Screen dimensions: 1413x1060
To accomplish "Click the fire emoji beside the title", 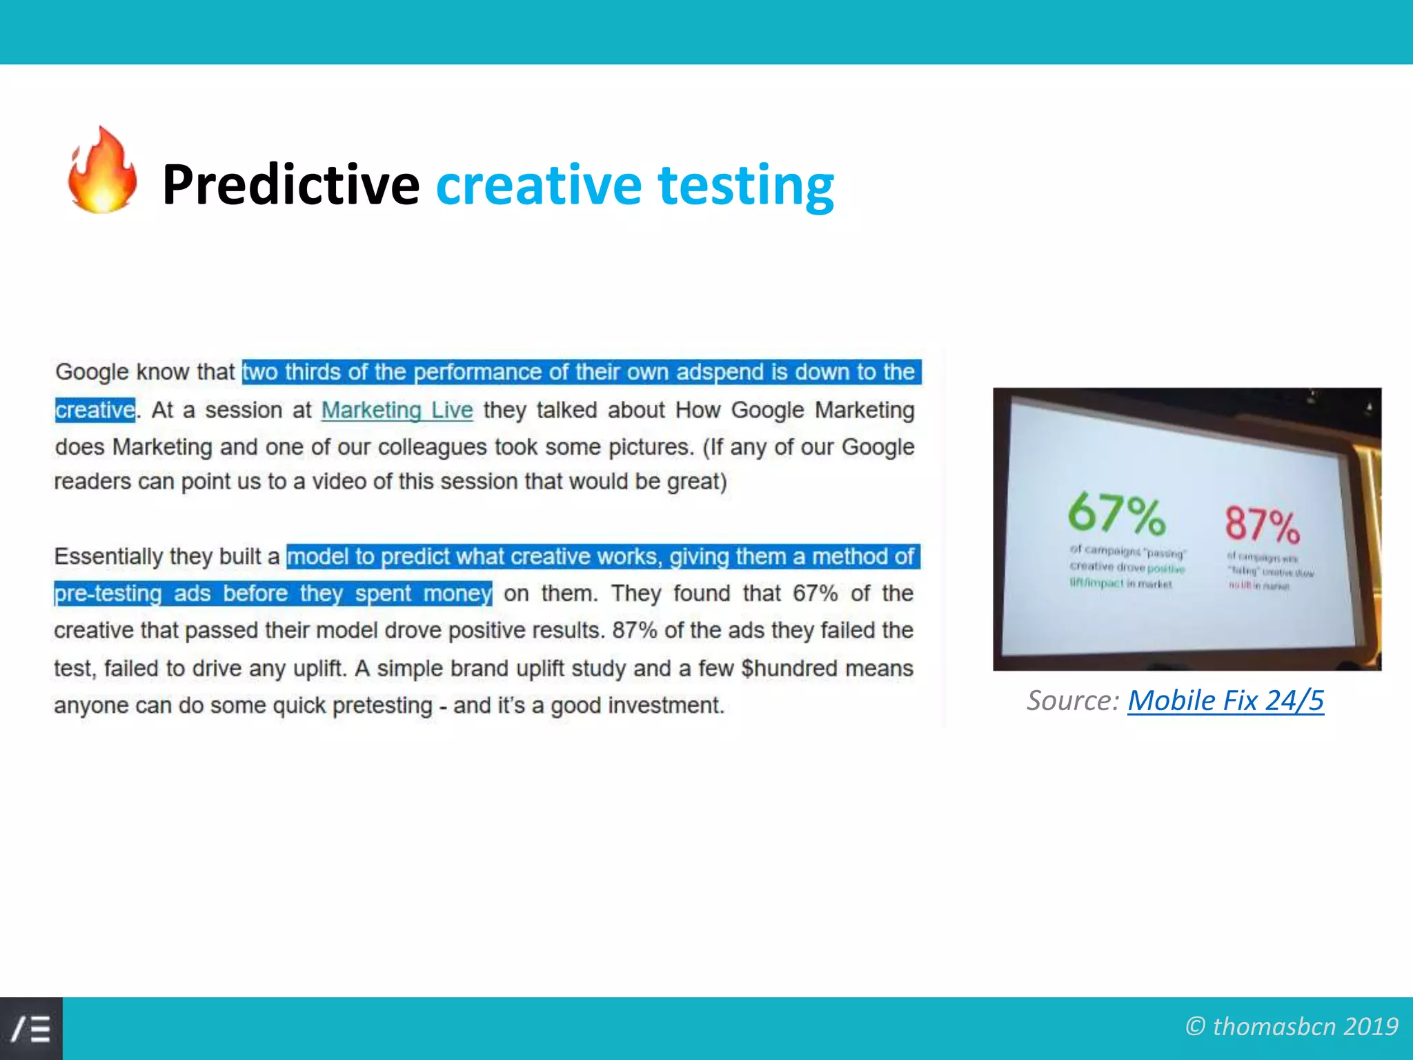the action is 102,171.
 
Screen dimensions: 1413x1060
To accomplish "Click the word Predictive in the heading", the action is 290,185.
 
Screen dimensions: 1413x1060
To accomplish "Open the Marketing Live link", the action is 397,410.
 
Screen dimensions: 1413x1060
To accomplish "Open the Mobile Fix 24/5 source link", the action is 1225,700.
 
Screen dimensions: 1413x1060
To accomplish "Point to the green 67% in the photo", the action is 1116,514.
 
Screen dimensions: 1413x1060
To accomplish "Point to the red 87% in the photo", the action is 1262,524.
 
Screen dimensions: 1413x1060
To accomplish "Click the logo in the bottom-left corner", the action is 31,1028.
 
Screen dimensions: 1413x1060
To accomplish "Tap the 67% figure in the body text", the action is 815,593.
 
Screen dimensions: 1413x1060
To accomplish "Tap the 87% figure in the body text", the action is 634,630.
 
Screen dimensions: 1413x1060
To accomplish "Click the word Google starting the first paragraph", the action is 92,372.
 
